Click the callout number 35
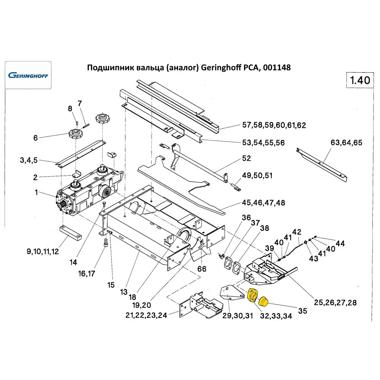click(302, 310)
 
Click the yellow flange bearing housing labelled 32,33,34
click(252, 295)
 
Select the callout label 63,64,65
click(347, 143)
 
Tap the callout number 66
click(201, 269)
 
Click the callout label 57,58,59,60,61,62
click(274, 125)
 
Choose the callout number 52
click(247, 158)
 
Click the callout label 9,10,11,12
click(42, 252)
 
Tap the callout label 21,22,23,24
click(146, 315)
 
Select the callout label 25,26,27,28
click(335, 302)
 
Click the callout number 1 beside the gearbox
click(36, 193)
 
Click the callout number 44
click(340, 244)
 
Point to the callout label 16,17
click(87, 273)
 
